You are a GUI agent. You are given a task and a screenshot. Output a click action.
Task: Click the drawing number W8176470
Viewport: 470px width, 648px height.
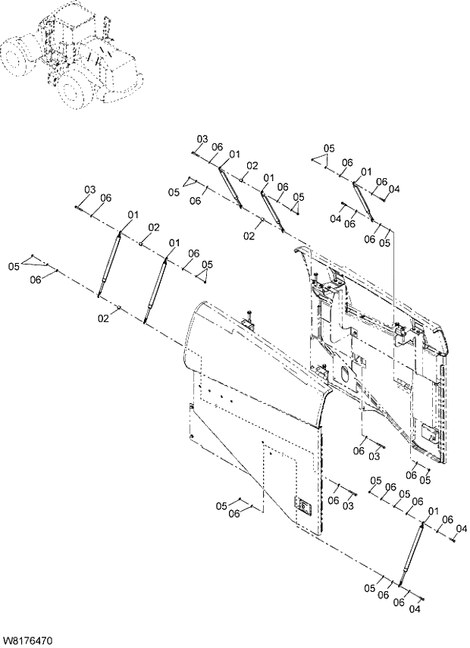pyautogui.click(x=27, y=640)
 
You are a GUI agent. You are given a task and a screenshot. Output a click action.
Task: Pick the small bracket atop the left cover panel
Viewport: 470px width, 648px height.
pyautogui.click(x=248, y=323)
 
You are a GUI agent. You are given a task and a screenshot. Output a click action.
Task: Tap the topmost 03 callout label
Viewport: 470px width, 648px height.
pyautogui.click(x=202, y=139)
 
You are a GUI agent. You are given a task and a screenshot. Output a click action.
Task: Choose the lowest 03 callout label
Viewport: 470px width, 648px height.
pyautogui.click(x=349, y=506)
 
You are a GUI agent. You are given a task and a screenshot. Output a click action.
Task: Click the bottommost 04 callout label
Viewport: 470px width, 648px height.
pyautogui.click(x=415, y=609)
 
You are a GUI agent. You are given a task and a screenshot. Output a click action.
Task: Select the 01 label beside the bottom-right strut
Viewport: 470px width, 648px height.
pyautogui.click(x=434, y=513)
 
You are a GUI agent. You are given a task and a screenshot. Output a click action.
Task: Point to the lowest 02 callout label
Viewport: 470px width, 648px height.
pyautogui.click(x=103, y=318)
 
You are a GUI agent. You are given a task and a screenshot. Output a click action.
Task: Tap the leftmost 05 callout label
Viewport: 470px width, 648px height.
pyautogui.click(x=14, y=266)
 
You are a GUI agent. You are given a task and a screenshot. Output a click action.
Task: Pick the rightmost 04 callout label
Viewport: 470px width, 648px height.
pyautogui.click(x=462, y=528)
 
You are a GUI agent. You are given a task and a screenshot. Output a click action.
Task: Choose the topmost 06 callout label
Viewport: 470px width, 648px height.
pyautogui.click(x=217, y=147)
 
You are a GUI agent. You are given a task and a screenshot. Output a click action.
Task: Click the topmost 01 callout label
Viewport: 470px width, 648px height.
pyautogui.click(x=234, y=154)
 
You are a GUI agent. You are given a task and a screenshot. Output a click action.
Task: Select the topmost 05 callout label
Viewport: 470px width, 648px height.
pyautogui.click(x=328, y=148)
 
